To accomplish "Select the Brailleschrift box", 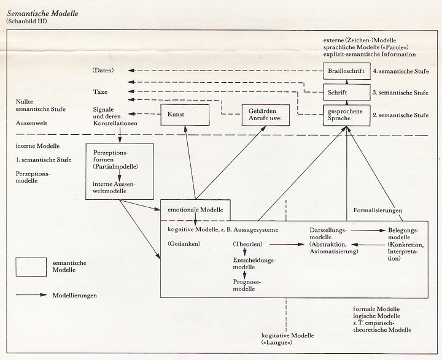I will tap(344, 71).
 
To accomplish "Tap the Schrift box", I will tap(344, 93).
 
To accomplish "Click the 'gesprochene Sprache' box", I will tap(344, 115).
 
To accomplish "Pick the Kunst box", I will tap(184, 115).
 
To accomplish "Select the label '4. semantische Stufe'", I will tap(401, 71).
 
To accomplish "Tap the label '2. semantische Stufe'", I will tap(401, 115).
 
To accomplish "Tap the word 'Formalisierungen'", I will tap(378, 211).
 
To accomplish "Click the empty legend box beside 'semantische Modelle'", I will tap(31, 266).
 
